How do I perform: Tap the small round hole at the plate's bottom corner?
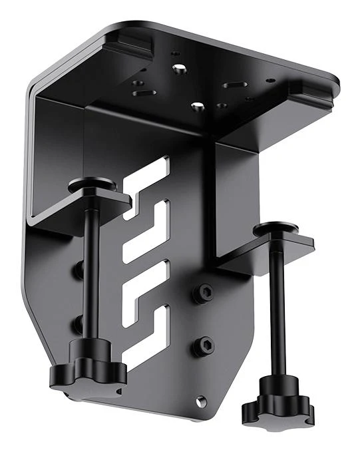[200, 401]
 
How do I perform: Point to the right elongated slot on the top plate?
[233, 85]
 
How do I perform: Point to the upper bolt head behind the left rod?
[79, 270]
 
